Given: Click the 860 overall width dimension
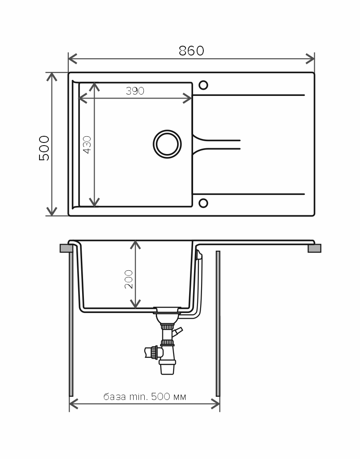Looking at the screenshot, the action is pos(191,51).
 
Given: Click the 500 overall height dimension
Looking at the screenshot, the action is pos(44,148).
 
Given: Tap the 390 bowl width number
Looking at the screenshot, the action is pos(135,91).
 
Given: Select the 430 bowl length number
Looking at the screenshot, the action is pos(87,145).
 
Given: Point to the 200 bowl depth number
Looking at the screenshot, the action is pos(129,279).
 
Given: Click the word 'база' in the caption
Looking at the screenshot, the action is pos(115,397).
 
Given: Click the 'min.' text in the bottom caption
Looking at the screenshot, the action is pos(139,397).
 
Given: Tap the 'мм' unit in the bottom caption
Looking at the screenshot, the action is pos(180,397).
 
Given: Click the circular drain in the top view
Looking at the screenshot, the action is pos(167,144).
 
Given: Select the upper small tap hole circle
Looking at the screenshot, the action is pos(203,85).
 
